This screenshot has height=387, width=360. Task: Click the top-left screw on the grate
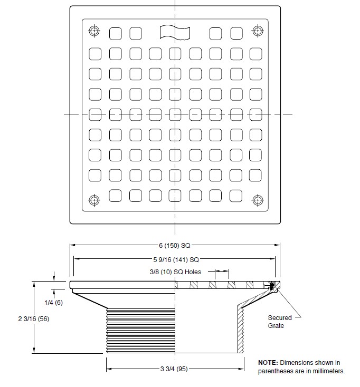coord(94,31)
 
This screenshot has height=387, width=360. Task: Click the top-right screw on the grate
coord(258,31)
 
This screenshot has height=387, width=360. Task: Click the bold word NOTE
coord(268,363)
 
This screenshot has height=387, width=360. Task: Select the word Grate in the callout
coord(276,326)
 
